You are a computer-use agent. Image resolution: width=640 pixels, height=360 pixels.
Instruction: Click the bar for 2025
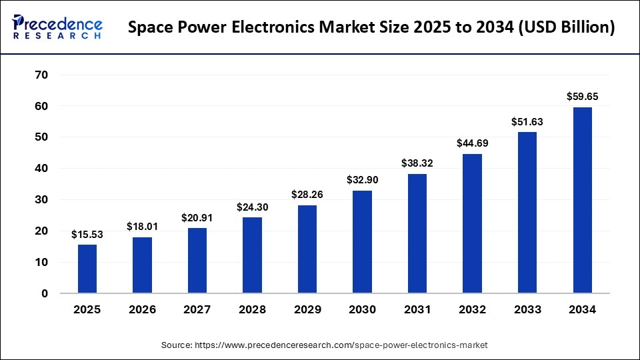(87, 269)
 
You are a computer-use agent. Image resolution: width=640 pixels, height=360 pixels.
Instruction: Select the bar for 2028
(252, 255)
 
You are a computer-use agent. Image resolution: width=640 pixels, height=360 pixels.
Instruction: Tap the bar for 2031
(417, 233)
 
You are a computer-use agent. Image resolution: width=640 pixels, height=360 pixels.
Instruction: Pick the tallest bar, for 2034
(582, 200)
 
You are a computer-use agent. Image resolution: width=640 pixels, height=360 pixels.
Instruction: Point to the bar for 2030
(362, 241)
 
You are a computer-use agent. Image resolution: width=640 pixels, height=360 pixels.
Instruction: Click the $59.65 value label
(582, 97)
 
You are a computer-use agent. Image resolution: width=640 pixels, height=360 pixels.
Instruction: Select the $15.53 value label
(87, 235)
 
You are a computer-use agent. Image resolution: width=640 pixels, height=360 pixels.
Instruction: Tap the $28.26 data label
(307, 195)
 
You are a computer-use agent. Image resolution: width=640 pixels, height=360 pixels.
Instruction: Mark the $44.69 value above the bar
(472, 143)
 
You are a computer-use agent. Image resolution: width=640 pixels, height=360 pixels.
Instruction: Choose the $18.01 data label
(142, 227)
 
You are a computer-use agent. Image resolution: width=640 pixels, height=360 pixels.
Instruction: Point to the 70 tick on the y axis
(41, 75)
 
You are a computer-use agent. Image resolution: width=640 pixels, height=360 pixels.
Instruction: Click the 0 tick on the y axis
(45, 293)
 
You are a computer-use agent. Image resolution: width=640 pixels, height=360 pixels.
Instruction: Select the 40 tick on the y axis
(41, 169)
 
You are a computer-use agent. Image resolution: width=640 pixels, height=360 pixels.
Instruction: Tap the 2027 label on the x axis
(197, 309)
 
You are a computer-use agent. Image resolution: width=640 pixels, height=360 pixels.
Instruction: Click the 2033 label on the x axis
(527, 309)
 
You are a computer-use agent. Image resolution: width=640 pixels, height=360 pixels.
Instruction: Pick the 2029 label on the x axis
(307, 309)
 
